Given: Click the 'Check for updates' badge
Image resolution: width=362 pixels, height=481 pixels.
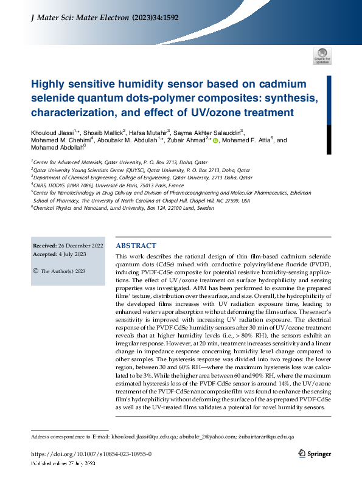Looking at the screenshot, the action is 322,57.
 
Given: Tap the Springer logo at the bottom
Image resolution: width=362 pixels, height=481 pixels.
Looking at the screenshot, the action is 315,454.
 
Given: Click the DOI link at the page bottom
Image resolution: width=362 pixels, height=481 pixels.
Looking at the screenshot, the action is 91,454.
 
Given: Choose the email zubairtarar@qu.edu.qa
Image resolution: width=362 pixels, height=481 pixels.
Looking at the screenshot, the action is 266,437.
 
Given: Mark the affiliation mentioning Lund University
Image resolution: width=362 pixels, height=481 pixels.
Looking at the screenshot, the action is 122,207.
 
